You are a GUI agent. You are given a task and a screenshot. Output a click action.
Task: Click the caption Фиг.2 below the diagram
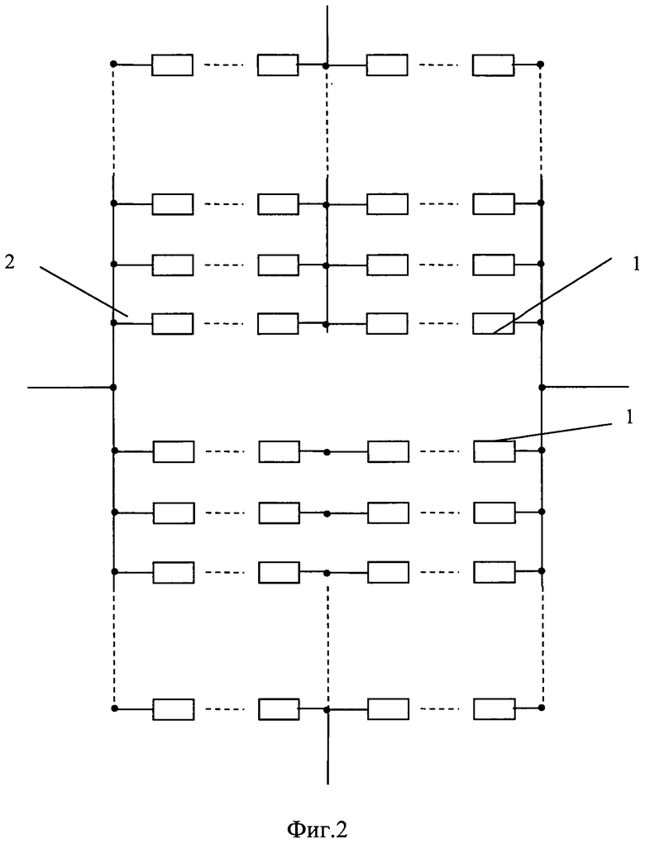[x=318, y=827]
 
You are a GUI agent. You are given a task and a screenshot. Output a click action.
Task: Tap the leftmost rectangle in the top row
[x=172, y=64]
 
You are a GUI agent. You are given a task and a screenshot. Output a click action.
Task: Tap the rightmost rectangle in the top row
[x=493, y=64]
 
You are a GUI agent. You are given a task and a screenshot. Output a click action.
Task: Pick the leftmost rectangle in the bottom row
[x=174, y=708]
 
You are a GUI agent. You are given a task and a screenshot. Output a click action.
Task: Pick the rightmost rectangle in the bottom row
[x=494, y=708]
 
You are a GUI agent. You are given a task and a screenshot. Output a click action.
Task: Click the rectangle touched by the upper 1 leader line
[x=493, y=323]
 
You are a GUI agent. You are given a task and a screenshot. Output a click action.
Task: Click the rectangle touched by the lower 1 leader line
[x=494, y=451]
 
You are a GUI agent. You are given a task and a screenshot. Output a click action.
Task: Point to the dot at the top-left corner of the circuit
[x=113, y=64]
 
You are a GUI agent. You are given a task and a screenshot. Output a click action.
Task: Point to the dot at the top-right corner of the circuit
[x=541, y=64]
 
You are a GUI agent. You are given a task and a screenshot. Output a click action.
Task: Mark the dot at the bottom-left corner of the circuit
[x=114, y=708]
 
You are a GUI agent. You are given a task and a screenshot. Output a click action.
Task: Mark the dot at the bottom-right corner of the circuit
[x=542, y=708]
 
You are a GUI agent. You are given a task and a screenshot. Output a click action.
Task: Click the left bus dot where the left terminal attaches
[x=113, y=387]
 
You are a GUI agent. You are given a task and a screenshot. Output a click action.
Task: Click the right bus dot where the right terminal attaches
[x=542, y=387]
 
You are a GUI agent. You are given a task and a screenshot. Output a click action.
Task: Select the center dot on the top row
[x=327, y=64]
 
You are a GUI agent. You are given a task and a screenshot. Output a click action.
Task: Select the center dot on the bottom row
[x=328, y=709]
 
